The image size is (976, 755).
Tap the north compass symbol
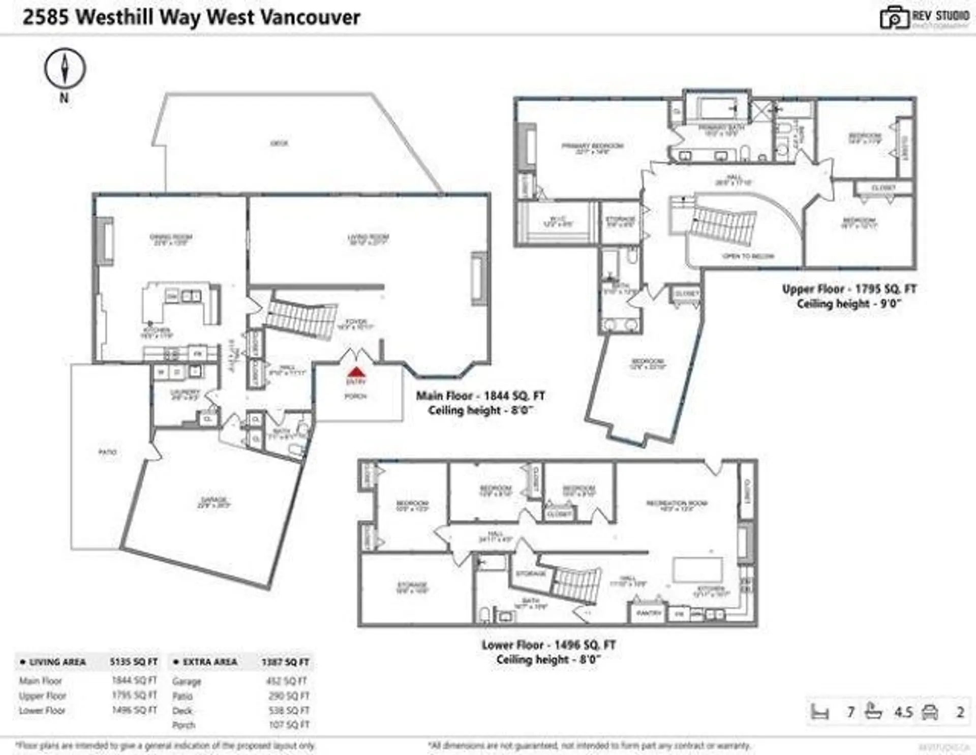(65, 68)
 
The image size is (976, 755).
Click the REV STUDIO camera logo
(894, 18)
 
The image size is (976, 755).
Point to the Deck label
(279, 143)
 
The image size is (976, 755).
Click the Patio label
(107, 451)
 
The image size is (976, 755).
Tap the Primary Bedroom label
(592, 146)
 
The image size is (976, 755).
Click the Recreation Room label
(677, 503)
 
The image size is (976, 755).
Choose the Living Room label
(368, 237)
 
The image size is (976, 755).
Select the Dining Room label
(171, 237)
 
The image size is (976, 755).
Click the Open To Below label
(748, 256)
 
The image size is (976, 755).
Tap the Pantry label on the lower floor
(649, 613)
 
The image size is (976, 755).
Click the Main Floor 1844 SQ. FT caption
(480, 396)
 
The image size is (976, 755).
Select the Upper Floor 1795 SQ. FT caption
(848, 289)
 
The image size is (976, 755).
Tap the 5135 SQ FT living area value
(134, 662)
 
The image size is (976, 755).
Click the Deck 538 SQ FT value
(289, 710)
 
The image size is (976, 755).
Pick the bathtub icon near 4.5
(873, 711)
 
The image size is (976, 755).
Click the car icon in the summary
(929, 711)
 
